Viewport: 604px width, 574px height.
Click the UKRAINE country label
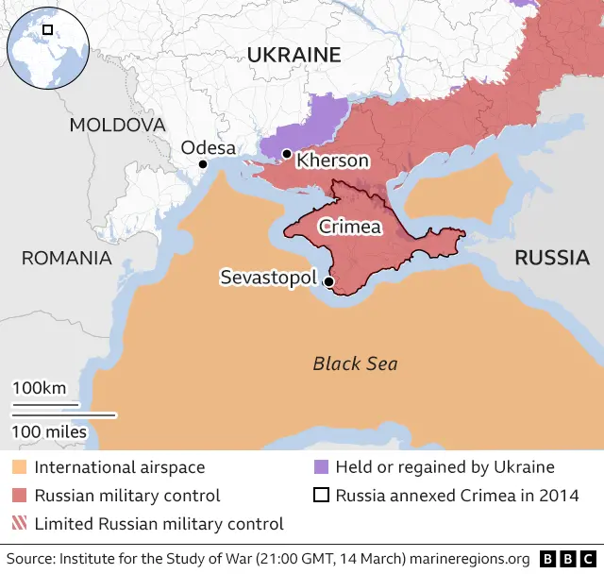click(294, 56)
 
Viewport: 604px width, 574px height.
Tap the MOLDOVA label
click(117, 125)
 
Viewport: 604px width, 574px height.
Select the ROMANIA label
click(66, 258)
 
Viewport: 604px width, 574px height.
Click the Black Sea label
click(355, 363)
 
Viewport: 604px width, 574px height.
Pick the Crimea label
click(349, 227)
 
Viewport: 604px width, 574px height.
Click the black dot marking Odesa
click(202, 164)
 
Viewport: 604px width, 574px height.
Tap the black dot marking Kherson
click(287, 153)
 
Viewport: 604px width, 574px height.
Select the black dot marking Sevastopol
click(328, 281)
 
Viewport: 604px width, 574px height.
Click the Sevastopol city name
click(267, 278)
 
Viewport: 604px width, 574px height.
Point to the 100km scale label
click(39, 388)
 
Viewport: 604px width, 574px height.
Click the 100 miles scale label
click(49, 432)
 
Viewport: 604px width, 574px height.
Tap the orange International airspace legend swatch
click(19, 467)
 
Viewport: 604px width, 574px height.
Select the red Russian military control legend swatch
click(19, 496)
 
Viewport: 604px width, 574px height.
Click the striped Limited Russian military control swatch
click(19, 524)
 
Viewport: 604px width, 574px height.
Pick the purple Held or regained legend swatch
click(320, 467)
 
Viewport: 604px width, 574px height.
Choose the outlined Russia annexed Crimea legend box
click(320, 496)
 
